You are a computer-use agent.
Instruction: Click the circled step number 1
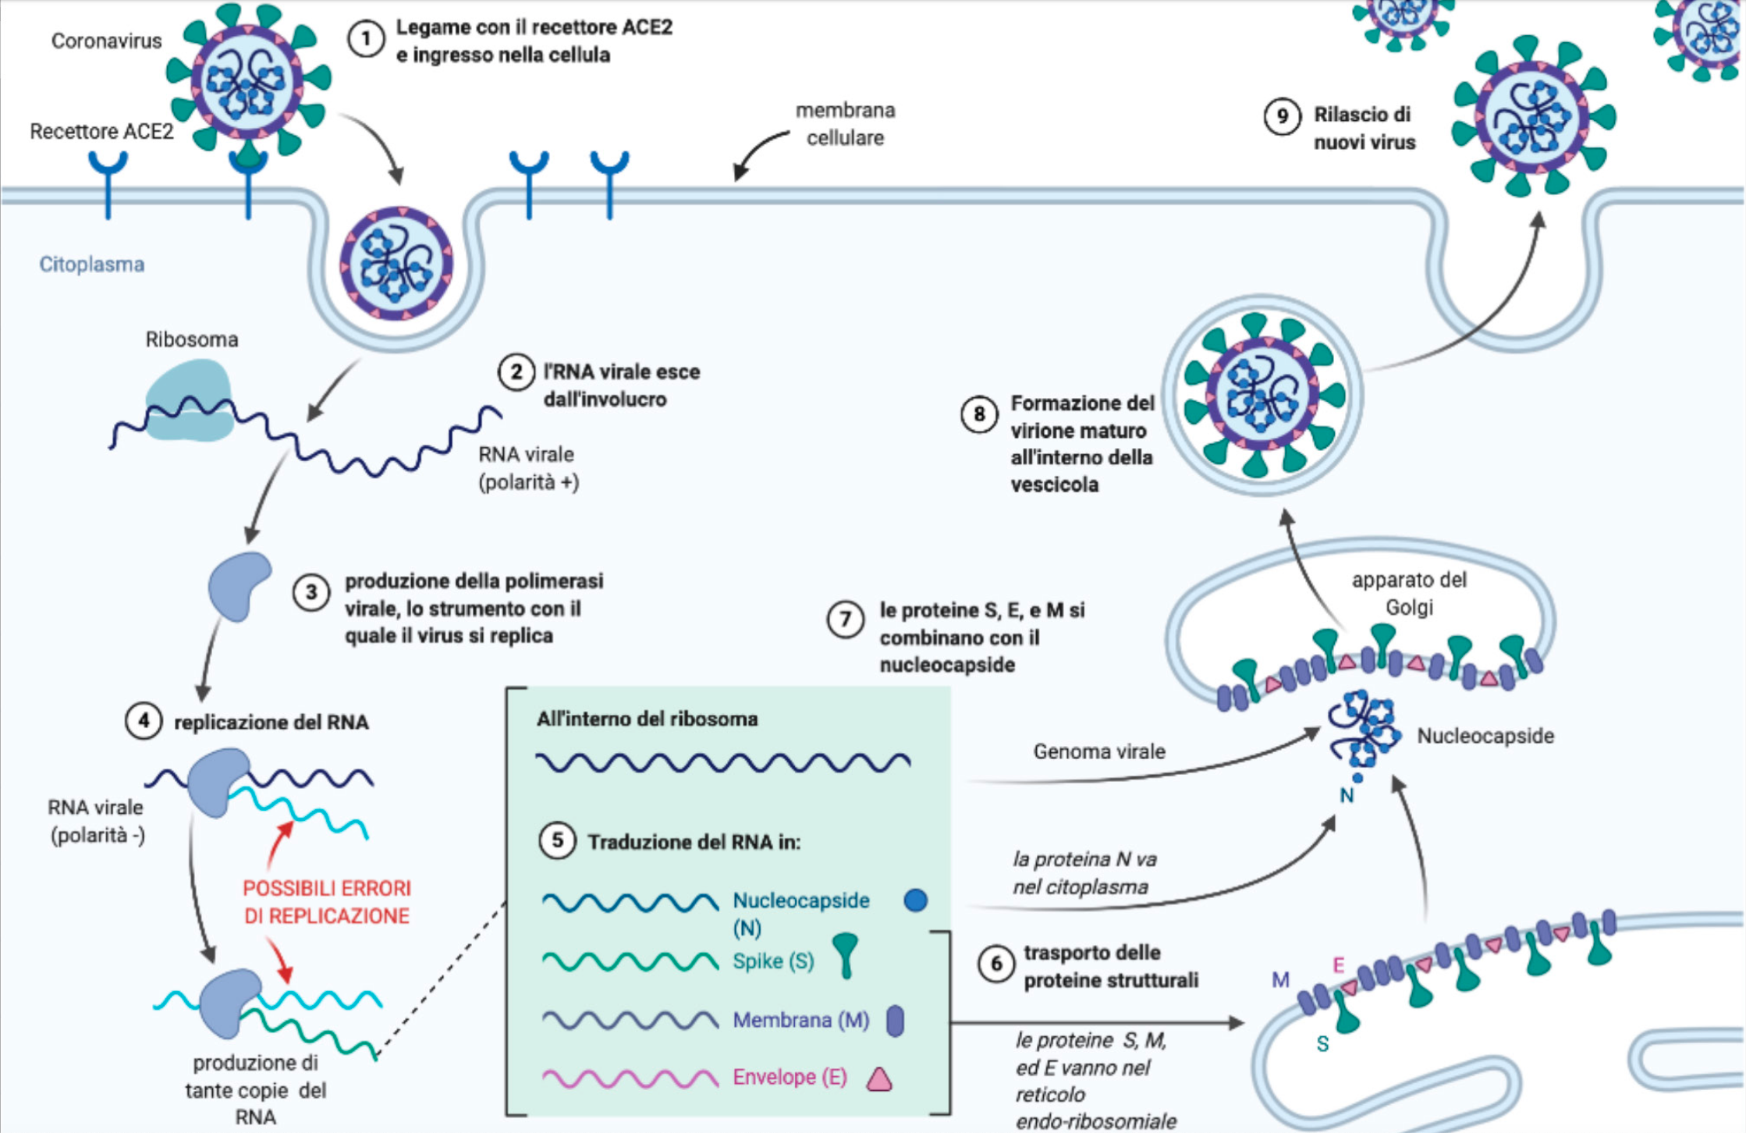click(x=366, y=39)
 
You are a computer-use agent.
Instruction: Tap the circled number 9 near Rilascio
click(x=1282, y=116)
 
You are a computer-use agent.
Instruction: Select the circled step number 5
click(x=557, y=840)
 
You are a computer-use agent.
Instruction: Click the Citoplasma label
click(x=91, y=265)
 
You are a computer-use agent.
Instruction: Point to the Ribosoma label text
click(x=192, y=339)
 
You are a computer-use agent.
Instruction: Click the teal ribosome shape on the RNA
click(x=190, y=400)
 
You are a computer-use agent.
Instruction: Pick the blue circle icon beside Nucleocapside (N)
click(x=915, y=900)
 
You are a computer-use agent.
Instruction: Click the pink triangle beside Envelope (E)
click(x=879, y=1079)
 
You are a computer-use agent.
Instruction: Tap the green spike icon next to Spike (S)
click(x=845, y=954)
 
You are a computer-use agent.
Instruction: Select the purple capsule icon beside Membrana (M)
click(x=896, y=1021)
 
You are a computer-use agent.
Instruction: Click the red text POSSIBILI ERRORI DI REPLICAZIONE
click(x=327, y=902)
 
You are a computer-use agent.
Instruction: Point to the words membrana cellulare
click(x=845, y=124)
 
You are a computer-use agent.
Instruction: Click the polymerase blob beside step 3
click(x=239, y=585)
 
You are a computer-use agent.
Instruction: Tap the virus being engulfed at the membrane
click(x=396, y=264)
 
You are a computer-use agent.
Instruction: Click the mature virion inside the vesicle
click(x=1263, y=395)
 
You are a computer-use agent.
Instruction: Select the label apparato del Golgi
click(x=1409, y=594)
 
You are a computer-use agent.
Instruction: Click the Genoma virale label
click(x=1099, y=751)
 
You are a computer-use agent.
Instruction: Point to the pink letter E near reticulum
click(x=1338, y=965)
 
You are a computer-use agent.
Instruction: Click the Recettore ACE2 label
click(x=101, y=132)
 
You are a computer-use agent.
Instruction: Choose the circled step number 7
click(x=845, y=620)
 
